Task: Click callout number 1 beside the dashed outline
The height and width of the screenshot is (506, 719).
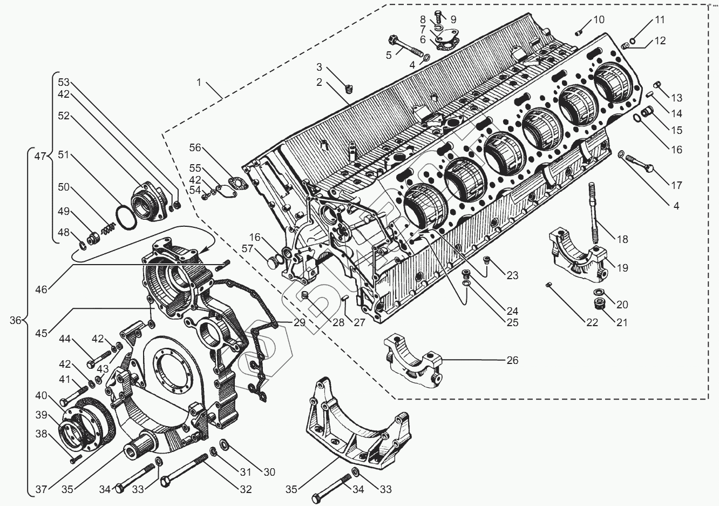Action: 199,83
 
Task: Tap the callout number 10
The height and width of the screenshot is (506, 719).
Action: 599,20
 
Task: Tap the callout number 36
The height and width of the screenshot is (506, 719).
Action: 15,320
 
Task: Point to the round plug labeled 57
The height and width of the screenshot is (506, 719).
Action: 273,264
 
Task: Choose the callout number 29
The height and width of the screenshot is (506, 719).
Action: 299,323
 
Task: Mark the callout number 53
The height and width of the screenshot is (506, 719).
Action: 64,82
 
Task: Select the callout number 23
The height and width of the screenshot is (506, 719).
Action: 512,275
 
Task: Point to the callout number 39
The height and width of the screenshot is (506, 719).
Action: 42,415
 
